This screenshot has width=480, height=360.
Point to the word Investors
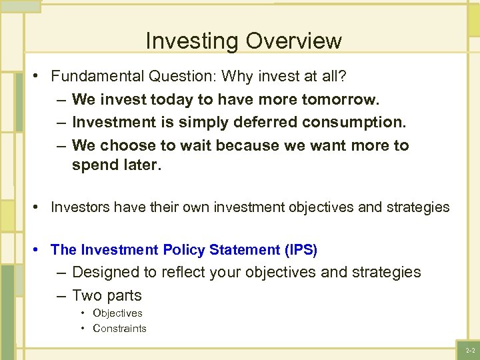79,207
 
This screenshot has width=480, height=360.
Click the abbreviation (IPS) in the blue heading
301,250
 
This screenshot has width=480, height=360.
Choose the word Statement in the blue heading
244,250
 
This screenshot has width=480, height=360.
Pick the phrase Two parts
107,295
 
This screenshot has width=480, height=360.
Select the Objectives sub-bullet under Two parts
117,313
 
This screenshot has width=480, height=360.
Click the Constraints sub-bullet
119,328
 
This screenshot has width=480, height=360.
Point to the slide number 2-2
470,350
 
